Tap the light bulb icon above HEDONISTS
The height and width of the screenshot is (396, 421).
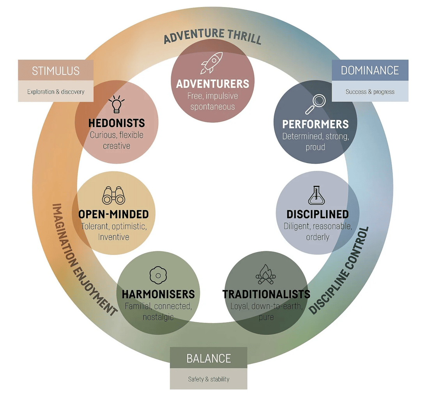click(117, 104)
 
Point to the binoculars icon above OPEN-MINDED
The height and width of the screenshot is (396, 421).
click(113, 195)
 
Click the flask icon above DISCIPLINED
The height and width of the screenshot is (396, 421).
click(317, 195)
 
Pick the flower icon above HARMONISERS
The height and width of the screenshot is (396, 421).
click(158, 276)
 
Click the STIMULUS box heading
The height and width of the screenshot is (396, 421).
click(56, 71)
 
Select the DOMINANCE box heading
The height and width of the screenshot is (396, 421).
click(370, 70)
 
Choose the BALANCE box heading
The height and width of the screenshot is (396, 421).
click(209, 358)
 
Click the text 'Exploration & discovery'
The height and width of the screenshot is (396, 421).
click(56, 92)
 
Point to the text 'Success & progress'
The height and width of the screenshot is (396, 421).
click(370, 92)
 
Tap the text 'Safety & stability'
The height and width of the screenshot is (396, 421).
click(209, 379)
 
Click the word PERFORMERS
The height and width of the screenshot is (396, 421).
click(315, 124)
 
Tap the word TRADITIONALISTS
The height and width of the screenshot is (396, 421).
click(266, 294)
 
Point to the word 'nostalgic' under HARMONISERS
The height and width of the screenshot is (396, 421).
click(158, 317)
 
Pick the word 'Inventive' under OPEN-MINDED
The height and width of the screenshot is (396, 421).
click(113, 237)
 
